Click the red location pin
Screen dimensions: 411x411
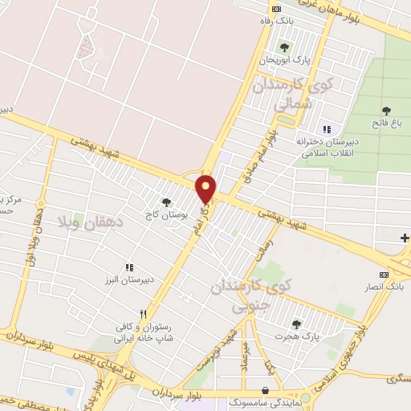pyautogui.click(x=206, y=188)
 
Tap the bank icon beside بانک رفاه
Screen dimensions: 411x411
pyautogui.click(x=277, y=9)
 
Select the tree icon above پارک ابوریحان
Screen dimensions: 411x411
pyautogui.click(x=283, y=47)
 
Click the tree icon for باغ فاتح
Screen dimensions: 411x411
pyautogui.click(x=386, y=110)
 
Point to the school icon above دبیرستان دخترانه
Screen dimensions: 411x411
pyautogui.click(x=326, y=129)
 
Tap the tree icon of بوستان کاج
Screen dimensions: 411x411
pyautogui.click(x=166, y=203)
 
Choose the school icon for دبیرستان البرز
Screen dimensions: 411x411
pyautogui.click(x=128, y=267)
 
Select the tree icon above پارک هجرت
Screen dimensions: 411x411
pyautogui.click(x=296, y=324)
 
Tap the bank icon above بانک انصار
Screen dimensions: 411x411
pyautogui.click(x=383, y=274)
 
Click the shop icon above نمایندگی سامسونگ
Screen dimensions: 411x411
pyautogui.click(x=266, y=389)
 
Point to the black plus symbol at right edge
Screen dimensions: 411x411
pyautogui.click(x=405, y=238)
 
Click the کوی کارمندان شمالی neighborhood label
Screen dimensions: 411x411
pyautogui.click(x=281, y=93)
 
